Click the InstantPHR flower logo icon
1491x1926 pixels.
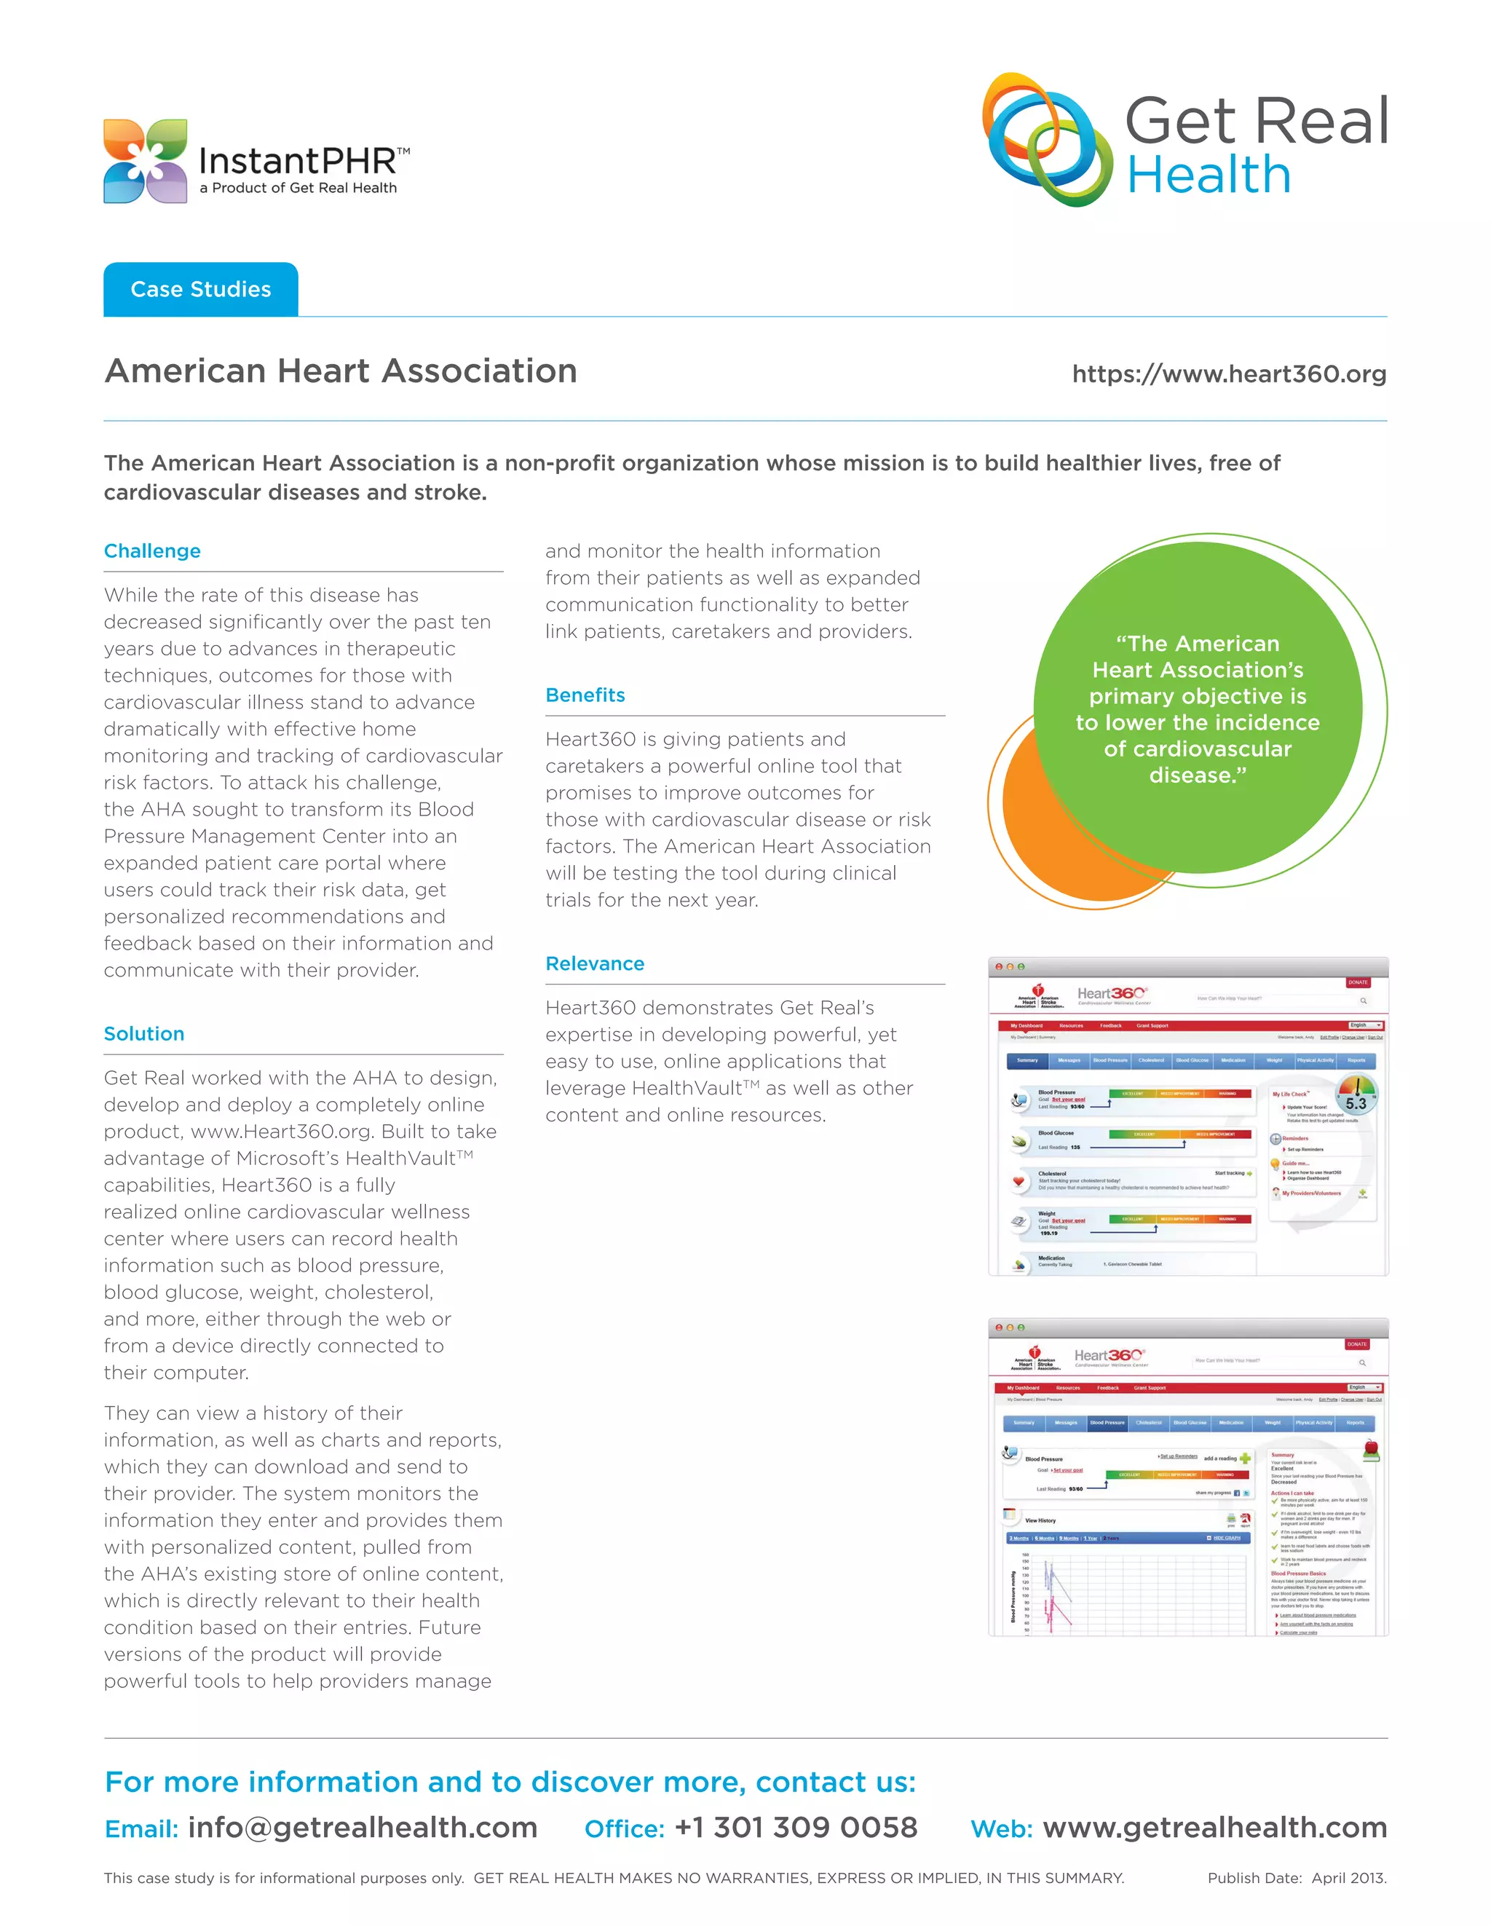[x=145, y=162]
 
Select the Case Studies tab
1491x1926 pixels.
[x=200, y=289]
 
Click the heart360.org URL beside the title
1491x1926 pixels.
[x=1228, y=374]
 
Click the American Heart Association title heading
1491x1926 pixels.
[x=340, y=371]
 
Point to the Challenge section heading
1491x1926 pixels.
[x=153, y=551]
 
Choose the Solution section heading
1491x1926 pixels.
[x=143, y=1033]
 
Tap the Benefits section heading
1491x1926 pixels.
[x=585, y=695]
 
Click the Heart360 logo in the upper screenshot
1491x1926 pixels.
[x=1112, y=994]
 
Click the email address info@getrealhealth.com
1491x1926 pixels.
[x=362, y=1827]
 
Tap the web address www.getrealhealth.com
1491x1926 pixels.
[x=1214, y=1827]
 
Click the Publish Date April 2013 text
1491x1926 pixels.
[x=1296, y=1877]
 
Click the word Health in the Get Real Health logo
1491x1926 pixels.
[x=1209, y=175]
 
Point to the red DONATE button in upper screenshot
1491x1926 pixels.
[x=1357, y=982]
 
